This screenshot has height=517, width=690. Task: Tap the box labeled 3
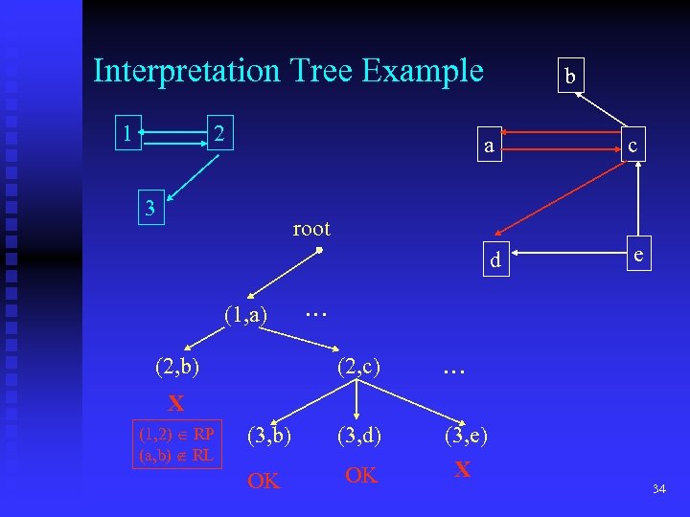pyautogui.click(x=149, y=208)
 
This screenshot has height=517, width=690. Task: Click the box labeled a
pyautogui.click(x=489, y=146)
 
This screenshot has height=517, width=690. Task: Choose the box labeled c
pyautogui.click(x=631, y=146)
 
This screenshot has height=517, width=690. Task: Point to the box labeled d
pyautogui.click(x=494, y=260)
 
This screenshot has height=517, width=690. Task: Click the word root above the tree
pyautogui.click(x=310, y=229)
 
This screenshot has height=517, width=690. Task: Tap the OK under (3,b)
pyautogui.click(x=264, y=481)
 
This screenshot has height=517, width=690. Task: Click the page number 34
pyautogui.click(x=658, y=490)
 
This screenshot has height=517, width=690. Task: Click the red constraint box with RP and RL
pyautogui.click(x=177, y=442)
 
